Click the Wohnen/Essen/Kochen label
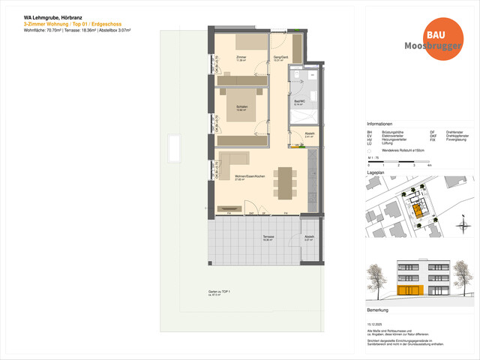[249, 175]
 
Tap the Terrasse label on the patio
[268, 236]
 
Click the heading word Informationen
[381, 124]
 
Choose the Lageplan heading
[376, 172]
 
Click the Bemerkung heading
[378, 309]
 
